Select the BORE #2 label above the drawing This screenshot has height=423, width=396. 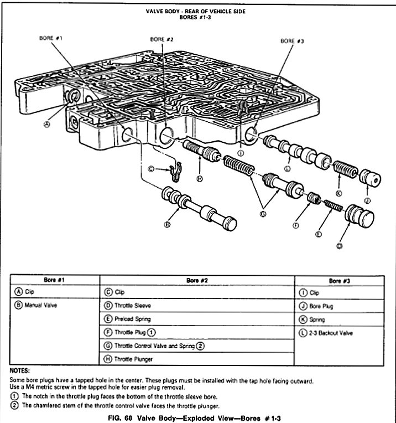click(162, 40)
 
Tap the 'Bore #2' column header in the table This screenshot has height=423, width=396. click(196, 280)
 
